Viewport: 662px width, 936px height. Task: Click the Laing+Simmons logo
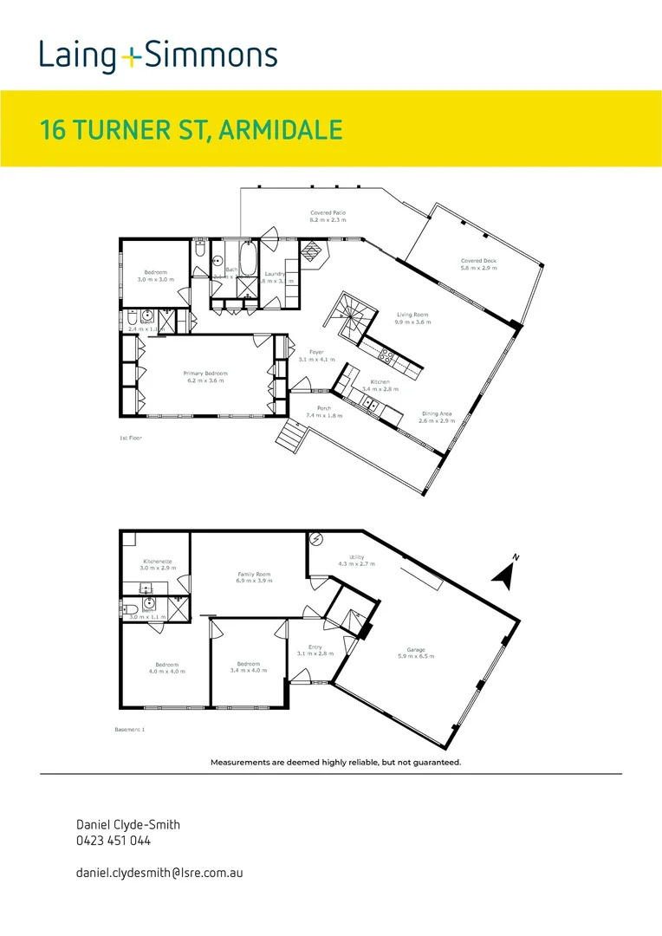click(x=158, y=56)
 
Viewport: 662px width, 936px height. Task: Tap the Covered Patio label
click(x=328, y=216)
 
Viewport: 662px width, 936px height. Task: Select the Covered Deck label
click(x=478, y=264)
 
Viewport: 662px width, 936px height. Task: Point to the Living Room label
click(x=413, y=317)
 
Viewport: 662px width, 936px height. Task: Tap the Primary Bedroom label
click(x=204, y=377)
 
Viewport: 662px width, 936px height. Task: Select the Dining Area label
click(x=437, y=418)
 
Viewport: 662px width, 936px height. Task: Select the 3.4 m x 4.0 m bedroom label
click(x=246, y=667)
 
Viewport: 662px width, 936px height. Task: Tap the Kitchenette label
click(x=158, y=564)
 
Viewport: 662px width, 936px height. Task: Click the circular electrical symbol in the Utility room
click(x=316, y=541)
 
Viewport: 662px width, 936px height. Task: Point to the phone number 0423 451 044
click(x=114, y=841)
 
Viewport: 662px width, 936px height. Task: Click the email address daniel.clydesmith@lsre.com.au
click(x=159, y=873)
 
